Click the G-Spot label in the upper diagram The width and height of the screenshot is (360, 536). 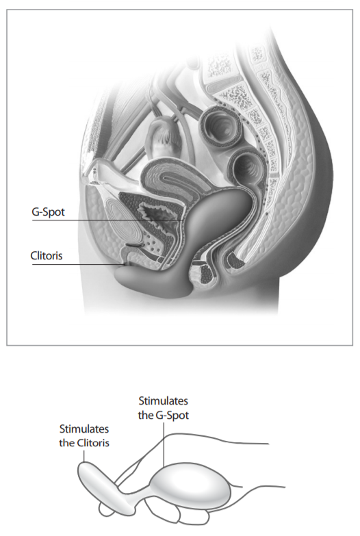48,212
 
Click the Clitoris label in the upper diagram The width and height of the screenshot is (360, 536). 47,256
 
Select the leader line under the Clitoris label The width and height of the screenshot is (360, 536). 78,264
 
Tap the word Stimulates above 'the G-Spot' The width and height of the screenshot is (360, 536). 163,400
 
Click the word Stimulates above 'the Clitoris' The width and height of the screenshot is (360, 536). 84,429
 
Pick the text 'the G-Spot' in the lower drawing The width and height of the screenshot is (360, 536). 164,416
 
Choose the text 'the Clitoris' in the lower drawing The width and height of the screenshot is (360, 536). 84,443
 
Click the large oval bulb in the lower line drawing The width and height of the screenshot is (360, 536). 190,485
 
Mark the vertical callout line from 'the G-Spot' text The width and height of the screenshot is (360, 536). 164,444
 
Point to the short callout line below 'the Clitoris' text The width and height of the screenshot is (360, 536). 83,456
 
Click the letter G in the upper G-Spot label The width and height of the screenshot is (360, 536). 35,212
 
